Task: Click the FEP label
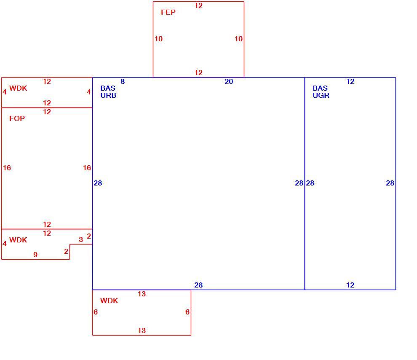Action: point(168,12)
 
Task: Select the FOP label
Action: point(17,118)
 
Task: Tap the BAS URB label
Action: point(108,91)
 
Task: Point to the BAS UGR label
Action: point(321,91)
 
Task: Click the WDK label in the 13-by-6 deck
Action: point(109,301)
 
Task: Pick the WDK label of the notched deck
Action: point(18,240)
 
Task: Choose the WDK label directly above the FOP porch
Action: point(18,88)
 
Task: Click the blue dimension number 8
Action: point(123,81)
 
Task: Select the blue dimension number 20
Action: point(229,81)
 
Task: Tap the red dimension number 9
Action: point(35,255)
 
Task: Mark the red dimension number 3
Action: point(81,239)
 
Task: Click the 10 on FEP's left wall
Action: point(158,39)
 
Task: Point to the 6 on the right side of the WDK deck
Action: point(187,312)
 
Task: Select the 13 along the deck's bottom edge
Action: point(142,330)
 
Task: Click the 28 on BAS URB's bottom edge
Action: point(198,285)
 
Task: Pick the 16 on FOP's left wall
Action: point(7,168)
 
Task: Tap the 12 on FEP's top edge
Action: point(198,5)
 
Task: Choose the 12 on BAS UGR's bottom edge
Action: point(350,285)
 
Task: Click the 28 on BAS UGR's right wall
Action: point(390,183)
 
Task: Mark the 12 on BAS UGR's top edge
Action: point(350,81)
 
